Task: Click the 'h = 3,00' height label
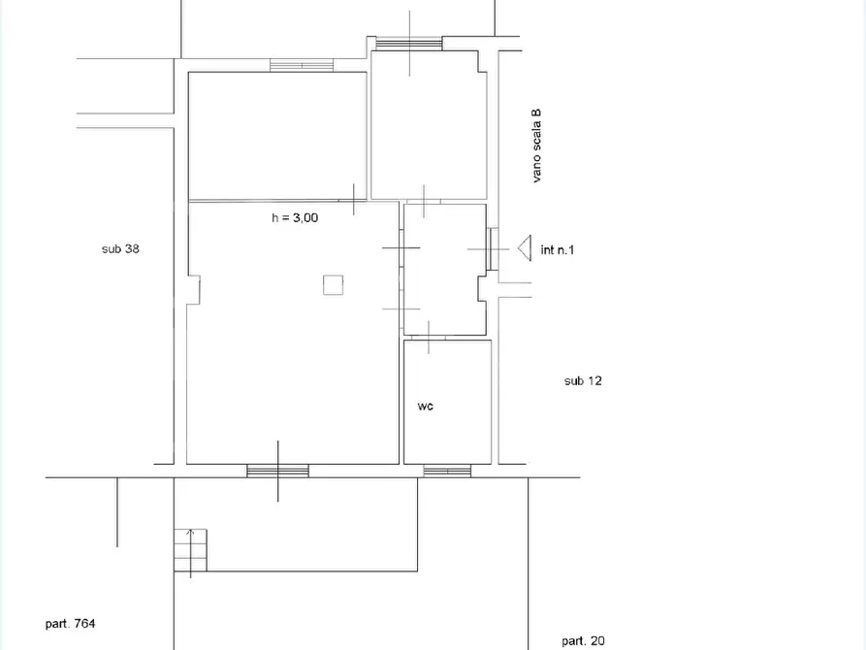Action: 295,217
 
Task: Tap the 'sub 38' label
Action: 120,248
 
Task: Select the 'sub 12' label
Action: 583,381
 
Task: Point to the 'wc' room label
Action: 426,406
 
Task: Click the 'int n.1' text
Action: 558,250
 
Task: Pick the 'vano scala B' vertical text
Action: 536,146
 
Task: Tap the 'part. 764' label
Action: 70,624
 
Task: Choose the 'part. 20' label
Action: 583,641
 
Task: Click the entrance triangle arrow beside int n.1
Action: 525,247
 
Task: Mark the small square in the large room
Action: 333,284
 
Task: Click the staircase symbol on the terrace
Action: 190,550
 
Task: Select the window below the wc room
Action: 447,471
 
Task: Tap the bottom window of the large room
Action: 277,471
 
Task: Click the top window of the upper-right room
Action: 409,44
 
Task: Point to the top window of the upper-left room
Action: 302,65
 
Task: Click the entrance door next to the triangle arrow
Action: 493,249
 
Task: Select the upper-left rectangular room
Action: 277,136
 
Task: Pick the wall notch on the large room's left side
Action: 193,289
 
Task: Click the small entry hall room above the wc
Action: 445,270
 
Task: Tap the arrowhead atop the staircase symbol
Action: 190,533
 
